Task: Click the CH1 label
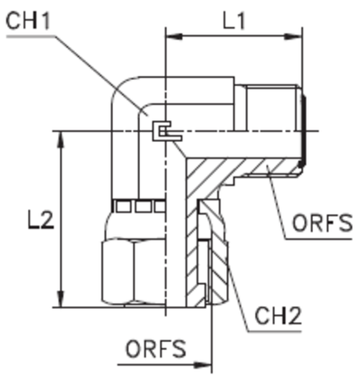28,21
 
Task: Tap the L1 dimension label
234,21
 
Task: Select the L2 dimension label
41,220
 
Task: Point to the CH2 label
278,315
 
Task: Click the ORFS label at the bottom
156,348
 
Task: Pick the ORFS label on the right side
323,223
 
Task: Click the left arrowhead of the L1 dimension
174,37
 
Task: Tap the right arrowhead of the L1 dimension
293,37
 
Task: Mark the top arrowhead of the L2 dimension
61,140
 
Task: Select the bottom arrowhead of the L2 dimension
61,299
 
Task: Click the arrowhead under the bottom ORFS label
203,365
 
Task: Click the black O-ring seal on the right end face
303,131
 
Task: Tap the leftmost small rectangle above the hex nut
123,207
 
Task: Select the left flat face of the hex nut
117,272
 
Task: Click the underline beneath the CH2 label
275,332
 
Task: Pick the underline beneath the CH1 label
30,37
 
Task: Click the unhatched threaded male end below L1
272,108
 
